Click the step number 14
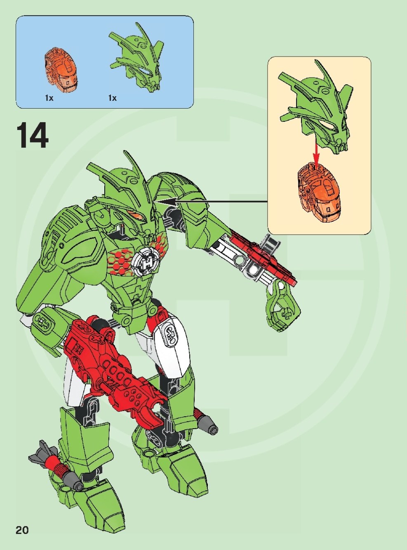(x=33, y=135)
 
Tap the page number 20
(x=22, y=530)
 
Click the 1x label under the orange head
(x=49, y=98)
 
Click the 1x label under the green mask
(x=112, y=98)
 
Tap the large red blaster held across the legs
(x=115, y=359)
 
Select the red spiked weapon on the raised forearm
(x=264, y=258)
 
